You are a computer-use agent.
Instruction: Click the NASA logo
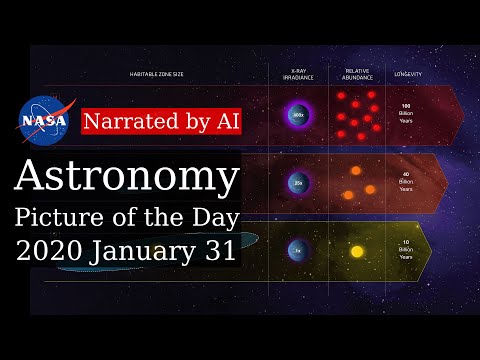(x=43, y=119)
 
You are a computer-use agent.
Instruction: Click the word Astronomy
(x=127, y=179)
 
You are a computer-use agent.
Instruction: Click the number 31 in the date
(x=220, y=250)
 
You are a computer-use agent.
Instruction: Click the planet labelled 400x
(x=298, y=116)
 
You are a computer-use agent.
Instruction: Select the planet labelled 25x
(x=298, y=183)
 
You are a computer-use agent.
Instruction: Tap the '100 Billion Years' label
(x=407, y=114)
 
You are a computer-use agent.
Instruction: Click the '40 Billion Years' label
(x=407, y=183)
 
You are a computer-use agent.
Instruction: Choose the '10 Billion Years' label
(x=407, y=249)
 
